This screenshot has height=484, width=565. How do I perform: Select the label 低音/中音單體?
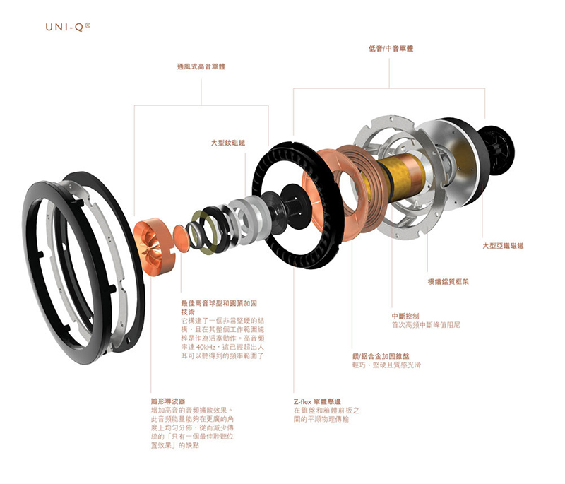click(391, 49)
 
